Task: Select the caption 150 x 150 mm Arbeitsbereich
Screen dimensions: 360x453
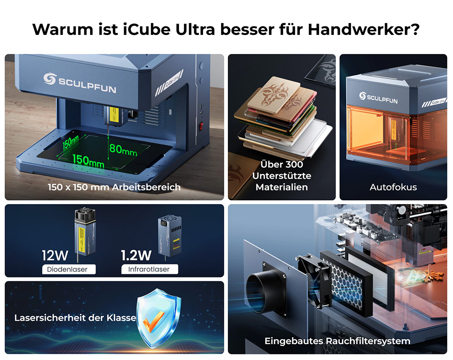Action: tap(114, 187)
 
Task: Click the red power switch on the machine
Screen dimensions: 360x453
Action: tap(202, 126)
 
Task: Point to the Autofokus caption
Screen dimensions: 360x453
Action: tap(393, 187)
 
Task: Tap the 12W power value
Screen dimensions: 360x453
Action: tap(55, 255)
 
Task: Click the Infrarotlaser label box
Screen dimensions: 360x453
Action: tap(149, 269)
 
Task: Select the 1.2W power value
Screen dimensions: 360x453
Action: tap(136, 255)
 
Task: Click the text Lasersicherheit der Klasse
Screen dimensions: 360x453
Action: tap(75, 318)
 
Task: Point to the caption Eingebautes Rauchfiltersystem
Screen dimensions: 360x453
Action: tap(337, 341)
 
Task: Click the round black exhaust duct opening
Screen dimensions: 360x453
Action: tap(260, 290)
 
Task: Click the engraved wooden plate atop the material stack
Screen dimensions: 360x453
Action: tap(281, 97)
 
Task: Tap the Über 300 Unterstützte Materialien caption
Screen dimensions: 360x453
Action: tap(281, 175)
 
